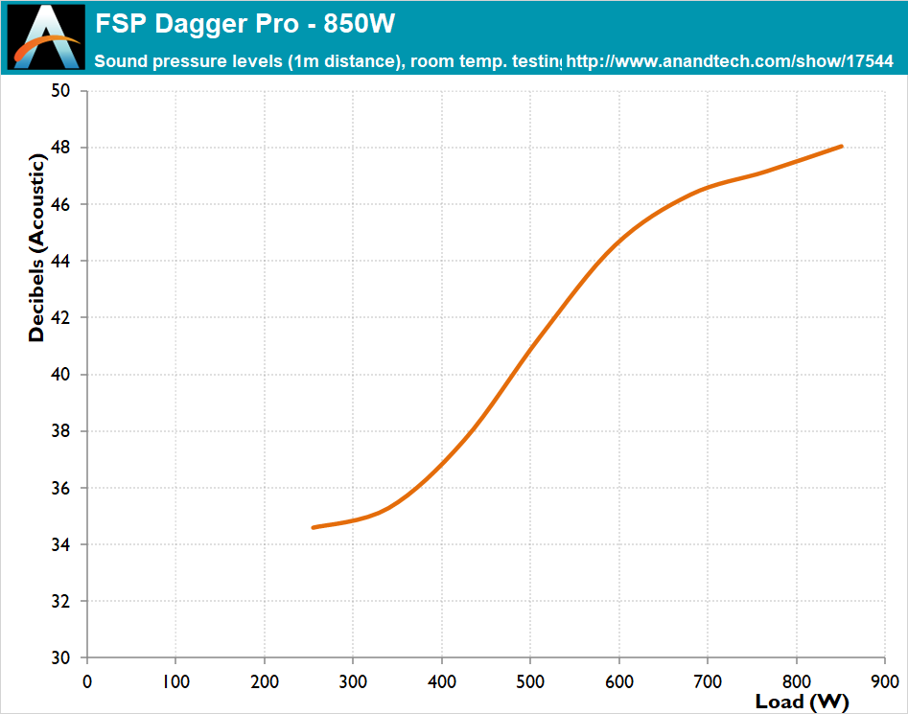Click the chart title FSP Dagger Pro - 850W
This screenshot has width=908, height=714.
tap(245, 23)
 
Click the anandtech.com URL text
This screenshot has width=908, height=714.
tap(730, 61)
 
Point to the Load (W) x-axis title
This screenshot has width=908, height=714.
tap(803, 702)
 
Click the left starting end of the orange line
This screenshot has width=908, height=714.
tap(314, 527)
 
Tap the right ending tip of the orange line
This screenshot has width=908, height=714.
tap(841, 147)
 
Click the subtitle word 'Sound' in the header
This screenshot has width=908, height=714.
tap(118, 61)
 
